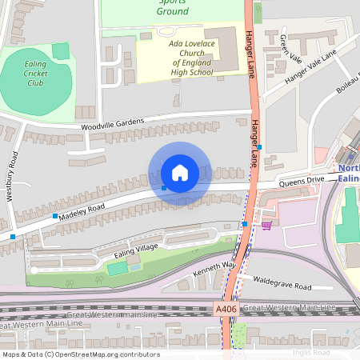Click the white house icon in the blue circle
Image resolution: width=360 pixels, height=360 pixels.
[x=180, y=173]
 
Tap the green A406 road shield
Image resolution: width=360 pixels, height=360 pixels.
[x=226, y=308]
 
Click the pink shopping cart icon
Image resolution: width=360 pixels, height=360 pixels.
[x=266, y=225]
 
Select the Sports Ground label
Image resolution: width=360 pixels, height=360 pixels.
[x=173, y=8]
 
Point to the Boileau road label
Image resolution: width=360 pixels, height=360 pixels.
[x=346, y=100]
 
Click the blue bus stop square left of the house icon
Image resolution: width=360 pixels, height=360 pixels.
[x=163, y=187]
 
